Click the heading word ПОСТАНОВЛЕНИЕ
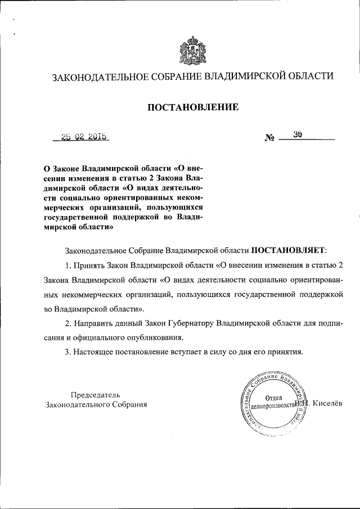click(x=193, y=107)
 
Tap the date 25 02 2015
click(x=84, y=137)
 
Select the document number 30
click(x=298, y=135)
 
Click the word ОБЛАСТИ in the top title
click(x=309, y=76)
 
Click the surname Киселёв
click(x=332, y=403)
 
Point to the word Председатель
click(x=95, y=394)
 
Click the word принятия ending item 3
click(x=286, y=353)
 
